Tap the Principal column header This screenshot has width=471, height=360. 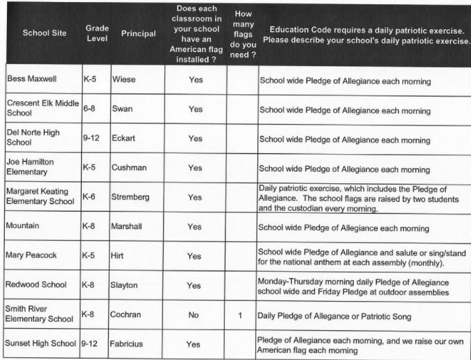138,33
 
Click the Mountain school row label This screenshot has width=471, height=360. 24,226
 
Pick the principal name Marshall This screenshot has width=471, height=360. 128,226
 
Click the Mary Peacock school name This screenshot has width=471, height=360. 32,255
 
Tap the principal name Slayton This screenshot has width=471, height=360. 127,285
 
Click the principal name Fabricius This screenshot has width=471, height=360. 130,343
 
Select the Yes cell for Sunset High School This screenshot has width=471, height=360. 194,344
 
